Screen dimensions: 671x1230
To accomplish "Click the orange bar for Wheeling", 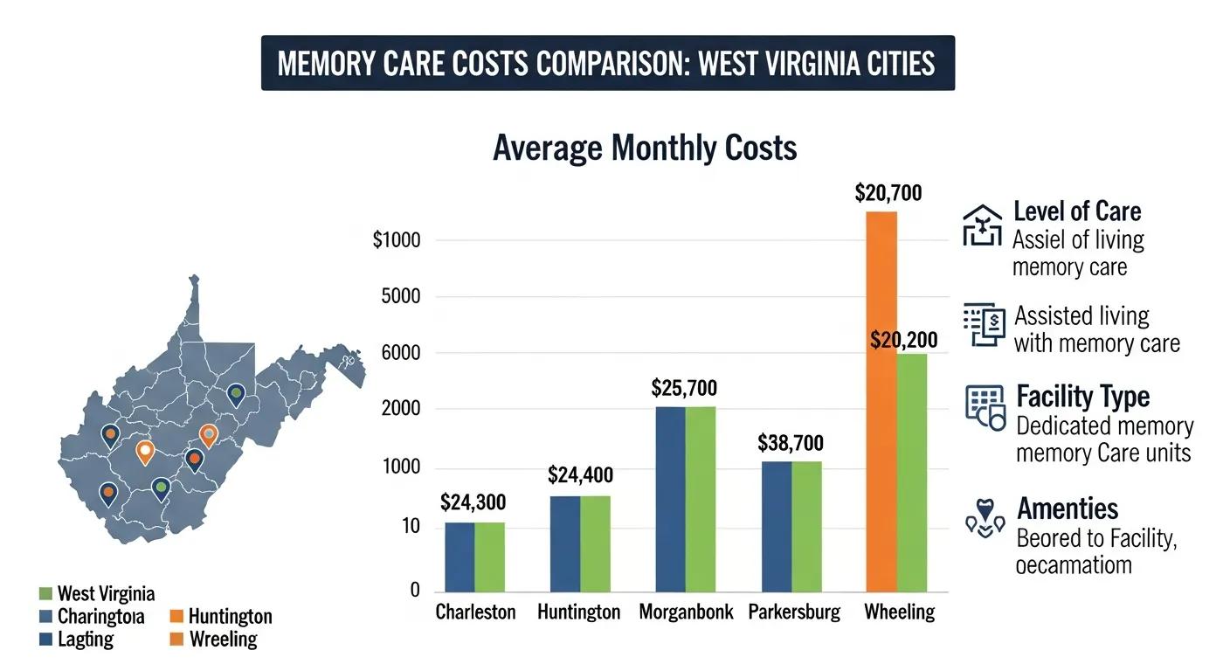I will point(881,402).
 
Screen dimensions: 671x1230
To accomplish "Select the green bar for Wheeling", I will point(912,472).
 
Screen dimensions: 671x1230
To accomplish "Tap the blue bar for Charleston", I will point(460,557).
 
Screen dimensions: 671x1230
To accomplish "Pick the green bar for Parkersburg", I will point(806,526).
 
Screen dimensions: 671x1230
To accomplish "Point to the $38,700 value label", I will point(790,443).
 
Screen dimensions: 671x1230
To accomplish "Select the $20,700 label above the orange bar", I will point(888,193).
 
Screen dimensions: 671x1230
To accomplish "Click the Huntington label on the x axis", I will point(578,612).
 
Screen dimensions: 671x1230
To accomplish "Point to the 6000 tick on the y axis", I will point(402,353).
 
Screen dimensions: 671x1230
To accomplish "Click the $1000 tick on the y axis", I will point(397,240).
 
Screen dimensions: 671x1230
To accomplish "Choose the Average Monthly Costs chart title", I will point(645,148).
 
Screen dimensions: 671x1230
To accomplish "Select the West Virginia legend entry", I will point(105,594).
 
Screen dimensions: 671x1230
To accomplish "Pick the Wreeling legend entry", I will point(223,640).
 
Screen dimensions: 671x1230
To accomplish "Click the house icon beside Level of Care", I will point(982,225).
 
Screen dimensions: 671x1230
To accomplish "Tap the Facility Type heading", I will point(1083,397).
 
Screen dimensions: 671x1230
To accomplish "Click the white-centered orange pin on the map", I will point(145,452).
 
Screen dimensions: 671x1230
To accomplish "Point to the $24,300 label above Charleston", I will point(473,502).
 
